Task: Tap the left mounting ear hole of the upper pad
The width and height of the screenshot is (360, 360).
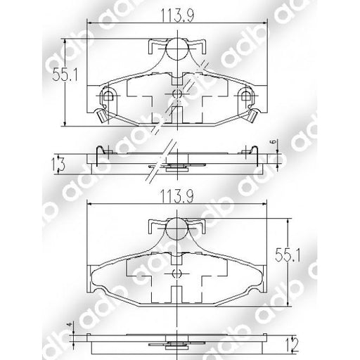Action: coord(107,96)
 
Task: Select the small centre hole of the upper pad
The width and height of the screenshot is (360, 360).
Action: coord(176,93)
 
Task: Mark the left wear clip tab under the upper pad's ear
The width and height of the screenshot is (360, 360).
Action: coord(101,115)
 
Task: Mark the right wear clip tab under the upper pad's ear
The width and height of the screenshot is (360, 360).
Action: coord(251,115)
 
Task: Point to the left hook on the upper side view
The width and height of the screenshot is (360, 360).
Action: coord(101,148)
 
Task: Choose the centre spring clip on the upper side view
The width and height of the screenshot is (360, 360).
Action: coord(176,167)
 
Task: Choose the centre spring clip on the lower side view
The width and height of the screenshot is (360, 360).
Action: coord(176,345)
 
